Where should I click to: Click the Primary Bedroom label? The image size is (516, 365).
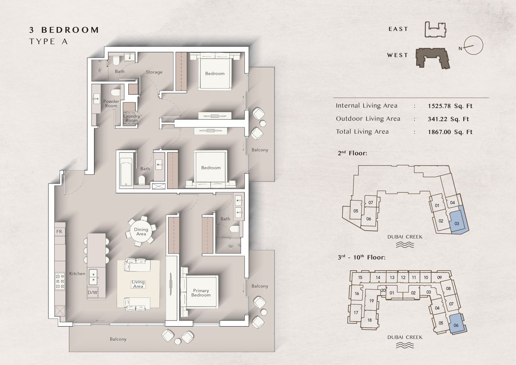tap(201, 293)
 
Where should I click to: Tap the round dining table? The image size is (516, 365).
tap(141, 232)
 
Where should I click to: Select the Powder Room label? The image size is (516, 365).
tap(111, 104)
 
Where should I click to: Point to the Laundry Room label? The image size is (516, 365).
tap(131, 118)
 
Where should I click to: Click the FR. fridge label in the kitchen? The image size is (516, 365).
tap(60, 232)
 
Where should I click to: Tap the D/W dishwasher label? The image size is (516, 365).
tap(93, 292)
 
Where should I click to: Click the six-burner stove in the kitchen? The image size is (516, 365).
tap(60, 281)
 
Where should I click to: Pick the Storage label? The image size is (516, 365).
tap(154, 72)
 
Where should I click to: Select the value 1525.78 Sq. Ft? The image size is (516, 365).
tap(450, 106)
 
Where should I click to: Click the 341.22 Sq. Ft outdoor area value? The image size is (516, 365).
tap(448, 119)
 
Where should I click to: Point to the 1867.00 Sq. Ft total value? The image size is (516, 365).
tap(450, 132)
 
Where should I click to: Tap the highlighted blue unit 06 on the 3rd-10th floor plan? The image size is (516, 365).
tap(458, 324)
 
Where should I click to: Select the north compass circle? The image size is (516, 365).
tap(473, 45)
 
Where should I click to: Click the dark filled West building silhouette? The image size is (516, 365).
tap(433, 58)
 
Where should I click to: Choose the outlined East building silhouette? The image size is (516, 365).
tap(435, 29)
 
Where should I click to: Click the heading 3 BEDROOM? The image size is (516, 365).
tap(64, 30)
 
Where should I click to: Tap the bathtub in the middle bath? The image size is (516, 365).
tap(126, 169)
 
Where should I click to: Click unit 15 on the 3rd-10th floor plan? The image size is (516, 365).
tap(360, 277)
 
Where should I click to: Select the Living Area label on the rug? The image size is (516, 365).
tap(138, 284)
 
